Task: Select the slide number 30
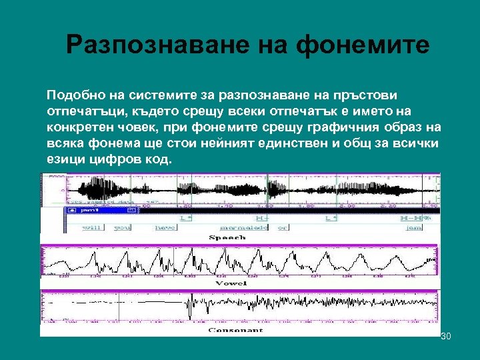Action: click(x=446, y=336)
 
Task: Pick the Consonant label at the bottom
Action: click(x=235, y=330)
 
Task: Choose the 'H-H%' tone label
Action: click(x=415, y=217)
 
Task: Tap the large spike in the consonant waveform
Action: click(x=191, y=306)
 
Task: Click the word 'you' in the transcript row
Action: click(x=125, y=227)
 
